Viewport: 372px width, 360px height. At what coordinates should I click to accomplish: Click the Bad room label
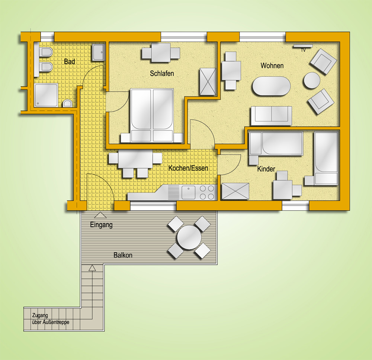point(70,62)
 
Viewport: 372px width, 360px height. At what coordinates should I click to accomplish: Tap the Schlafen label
point(162,74)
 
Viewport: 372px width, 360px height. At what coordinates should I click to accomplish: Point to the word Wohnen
point(272,66)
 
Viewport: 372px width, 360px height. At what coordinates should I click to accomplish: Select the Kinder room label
point(266,169)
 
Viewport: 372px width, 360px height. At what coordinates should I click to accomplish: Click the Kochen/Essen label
point(188,168)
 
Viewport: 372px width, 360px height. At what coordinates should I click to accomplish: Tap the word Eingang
point(101,225)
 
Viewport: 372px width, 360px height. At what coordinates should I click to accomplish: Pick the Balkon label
point(123,255)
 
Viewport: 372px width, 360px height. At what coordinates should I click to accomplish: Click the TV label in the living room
point(303,50)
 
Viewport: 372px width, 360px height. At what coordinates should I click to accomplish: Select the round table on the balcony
point(189,237)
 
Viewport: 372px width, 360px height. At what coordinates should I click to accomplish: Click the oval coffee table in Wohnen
point(271,86)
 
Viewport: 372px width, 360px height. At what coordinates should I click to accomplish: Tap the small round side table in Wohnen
point(312,80)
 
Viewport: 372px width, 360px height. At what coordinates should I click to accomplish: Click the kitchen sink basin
point(188,192)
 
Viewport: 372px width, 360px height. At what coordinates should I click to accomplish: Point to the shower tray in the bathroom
point(46,95)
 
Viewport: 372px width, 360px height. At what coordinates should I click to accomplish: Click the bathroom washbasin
point(99,52)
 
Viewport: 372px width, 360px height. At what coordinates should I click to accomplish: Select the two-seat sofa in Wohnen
point(271,116)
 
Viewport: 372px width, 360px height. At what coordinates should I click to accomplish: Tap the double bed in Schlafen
point(152,116)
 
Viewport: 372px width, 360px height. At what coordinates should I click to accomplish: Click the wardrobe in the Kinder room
point(235,191)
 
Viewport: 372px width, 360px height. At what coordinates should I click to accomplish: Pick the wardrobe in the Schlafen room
point(208,81)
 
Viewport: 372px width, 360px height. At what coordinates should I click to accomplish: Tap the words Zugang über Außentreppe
point(51,319)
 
